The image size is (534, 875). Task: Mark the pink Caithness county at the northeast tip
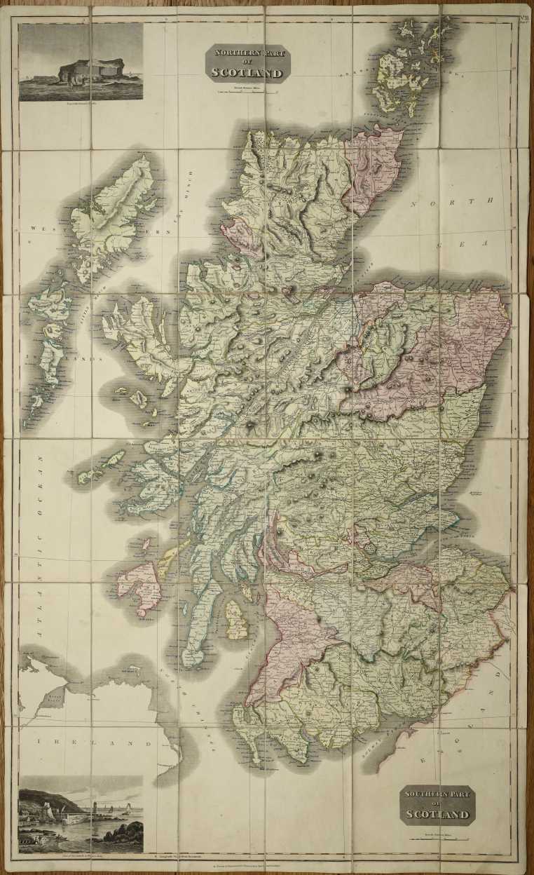click(x=371, y=168)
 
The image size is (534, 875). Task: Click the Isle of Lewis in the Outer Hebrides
click(x=112, y=210)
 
